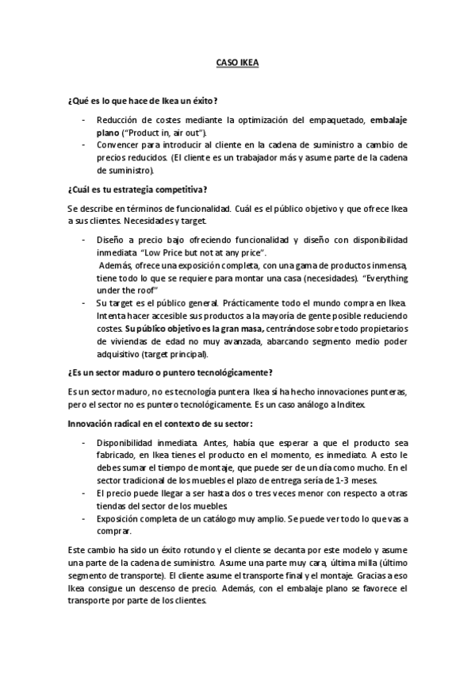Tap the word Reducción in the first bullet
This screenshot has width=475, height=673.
pos(118,119)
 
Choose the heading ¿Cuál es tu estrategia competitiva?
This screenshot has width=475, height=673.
pos(138,188)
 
